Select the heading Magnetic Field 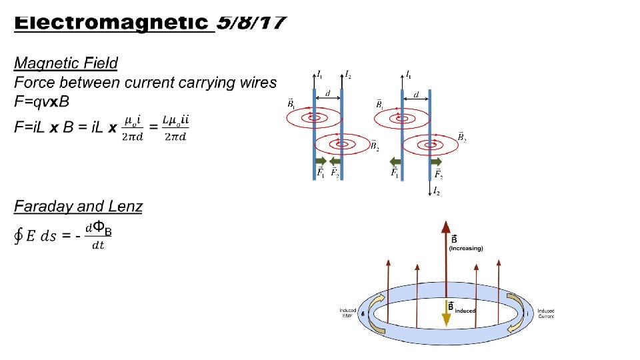click(66, 63)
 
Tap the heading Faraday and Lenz click(78, 206)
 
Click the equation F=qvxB click(41, 102)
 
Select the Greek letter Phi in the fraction click(97, 228)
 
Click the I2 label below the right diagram click(436, 192)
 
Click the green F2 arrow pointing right click(436, 162)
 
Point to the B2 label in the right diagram click(461, 137)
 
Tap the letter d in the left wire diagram click(327, 94)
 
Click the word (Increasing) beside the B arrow click(466, 249)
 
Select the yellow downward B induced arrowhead click(446, 320)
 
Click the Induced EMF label click(347, 313)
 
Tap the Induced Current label click(546, 313)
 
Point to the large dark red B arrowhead click(445, 227)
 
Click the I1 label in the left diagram click(320, 74)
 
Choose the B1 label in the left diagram click(291, 104)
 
